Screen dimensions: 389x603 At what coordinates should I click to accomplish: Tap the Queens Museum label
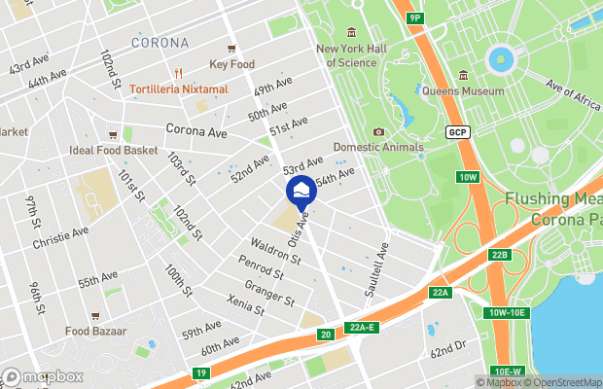pos(462,92)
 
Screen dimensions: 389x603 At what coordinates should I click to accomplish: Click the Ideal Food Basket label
pos(113,151)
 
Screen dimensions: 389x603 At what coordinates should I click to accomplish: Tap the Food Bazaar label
pos(95,331)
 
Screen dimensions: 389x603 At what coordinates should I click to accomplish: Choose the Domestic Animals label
pos(378,148)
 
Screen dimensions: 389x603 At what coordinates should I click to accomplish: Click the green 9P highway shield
pos(415,18)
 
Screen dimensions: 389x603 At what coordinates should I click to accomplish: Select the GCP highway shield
pos(457,131)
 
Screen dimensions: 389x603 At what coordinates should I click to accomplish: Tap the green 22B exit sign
pos(500,255)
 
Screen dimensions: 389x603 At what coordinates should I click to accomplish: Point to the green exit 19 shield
pos(201,372)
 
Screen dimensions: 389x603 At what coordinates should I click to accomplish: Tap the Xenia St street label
pos(244,305)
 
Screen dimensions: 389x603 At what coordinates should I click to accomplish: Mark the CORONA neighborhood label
pos(160,43)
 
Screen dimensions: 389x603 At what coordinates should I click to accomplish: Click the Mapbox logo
pos(42,376)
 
